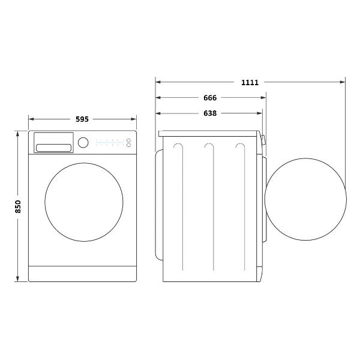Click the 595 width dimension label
point(82,119)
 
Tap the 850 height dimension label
point(18,206)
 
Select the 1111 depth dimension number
point(250,82)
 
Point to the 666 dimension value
point(209,98)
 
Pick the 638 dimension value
point(209,113)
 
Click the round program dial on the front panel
point(83,142)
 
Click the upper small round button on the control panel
point(128,140)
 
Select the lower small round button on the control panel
point(128,145)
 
